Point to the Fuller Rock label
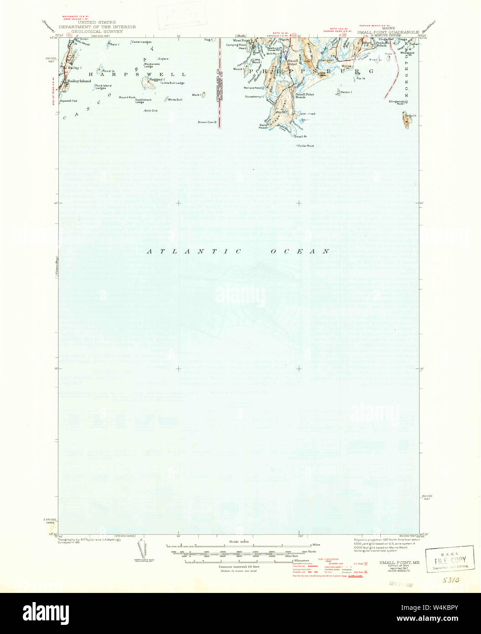(306, 146)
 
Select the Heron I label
(346, 92)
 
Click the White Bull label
(175, 99)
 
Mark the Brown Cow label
(205, 122)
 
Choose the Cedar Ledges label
(141, 42)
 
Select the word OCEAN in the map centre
(300, 251)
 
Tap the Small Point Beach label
(305, 95)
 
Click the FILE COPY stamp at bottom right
(449, 559)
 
